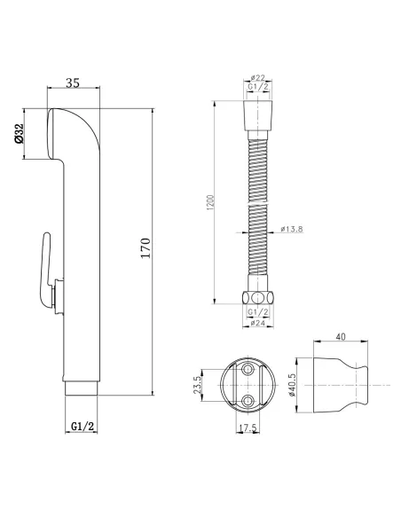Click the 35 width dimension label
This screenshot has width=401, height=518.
pos(73,82)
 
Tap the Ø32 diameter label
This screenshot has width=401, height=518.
pos(20,134)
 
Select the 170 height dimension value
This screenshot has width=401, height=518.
pos(145,247)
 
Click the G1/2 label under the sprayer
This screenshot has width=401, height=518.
pos(83,426)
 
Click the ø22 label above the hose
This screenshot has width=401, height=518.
pos(257,78)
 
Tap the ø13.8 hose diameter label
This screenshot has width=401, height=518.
pos(292,229)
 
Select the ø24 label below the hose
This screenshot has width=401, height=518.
pos(258,323)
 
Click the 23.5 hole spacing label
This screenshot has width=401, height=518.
pos(198,385)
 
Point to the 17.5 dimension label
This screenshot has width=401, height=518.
pos(248,428)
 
